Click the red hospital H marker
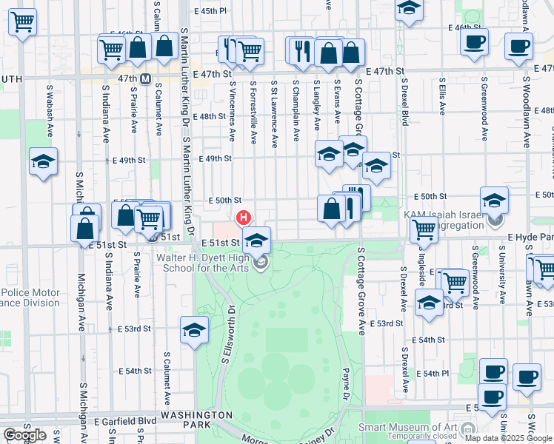click(242, 218)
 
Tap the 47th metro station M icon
click(146, 78)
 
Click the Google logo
click(24, 435)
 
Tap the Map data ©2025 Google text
click(508, 438)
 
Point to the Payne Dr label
click(345, 385)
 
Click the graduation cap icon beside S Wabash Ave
click(44, 163)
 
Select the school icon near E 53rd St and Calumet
click(195, 330)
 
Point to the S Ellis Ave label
click(442, 96)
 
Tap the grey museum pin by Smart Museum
click(467, 428)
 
